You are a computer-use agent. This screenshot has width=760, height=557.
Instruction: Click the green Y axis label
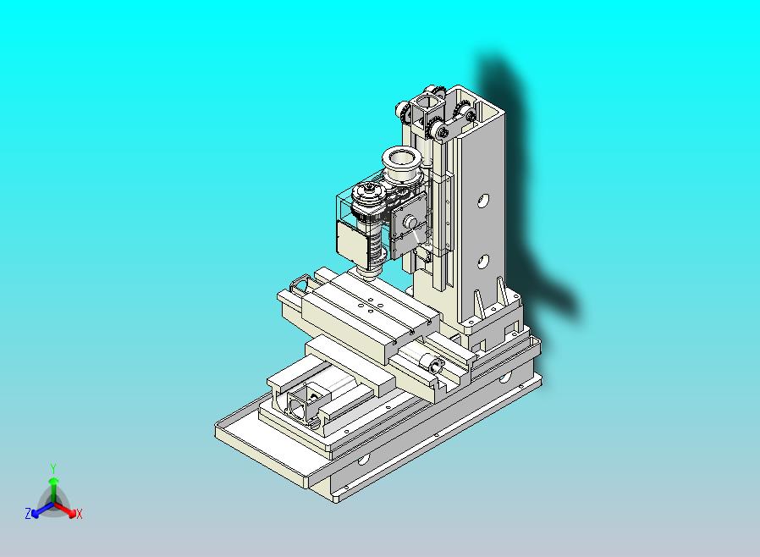53,468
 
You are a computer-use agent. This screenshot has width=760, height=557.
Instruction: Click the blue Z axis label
28,513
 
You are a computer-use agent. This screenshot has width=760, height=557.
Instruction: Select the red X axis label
79,513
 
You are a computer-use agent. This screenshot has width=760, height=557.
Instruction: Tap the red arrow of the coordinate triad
67,510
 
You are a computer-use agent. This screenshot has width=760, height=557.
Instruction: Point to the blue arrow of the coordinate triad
40,510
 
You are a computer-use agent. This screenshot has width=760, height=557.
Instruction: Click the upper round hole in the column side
482,201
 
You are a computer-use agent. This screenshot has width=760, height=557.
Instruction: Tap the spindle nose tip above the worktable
368,273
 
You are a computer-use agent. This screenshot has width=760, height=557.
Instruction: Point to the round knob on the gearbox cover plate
410,222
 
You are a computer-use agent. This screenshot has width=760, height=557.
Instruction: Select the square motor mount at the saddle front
300,404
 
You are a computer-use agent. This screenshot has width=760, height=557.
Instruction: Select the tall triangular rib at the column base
478,303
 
